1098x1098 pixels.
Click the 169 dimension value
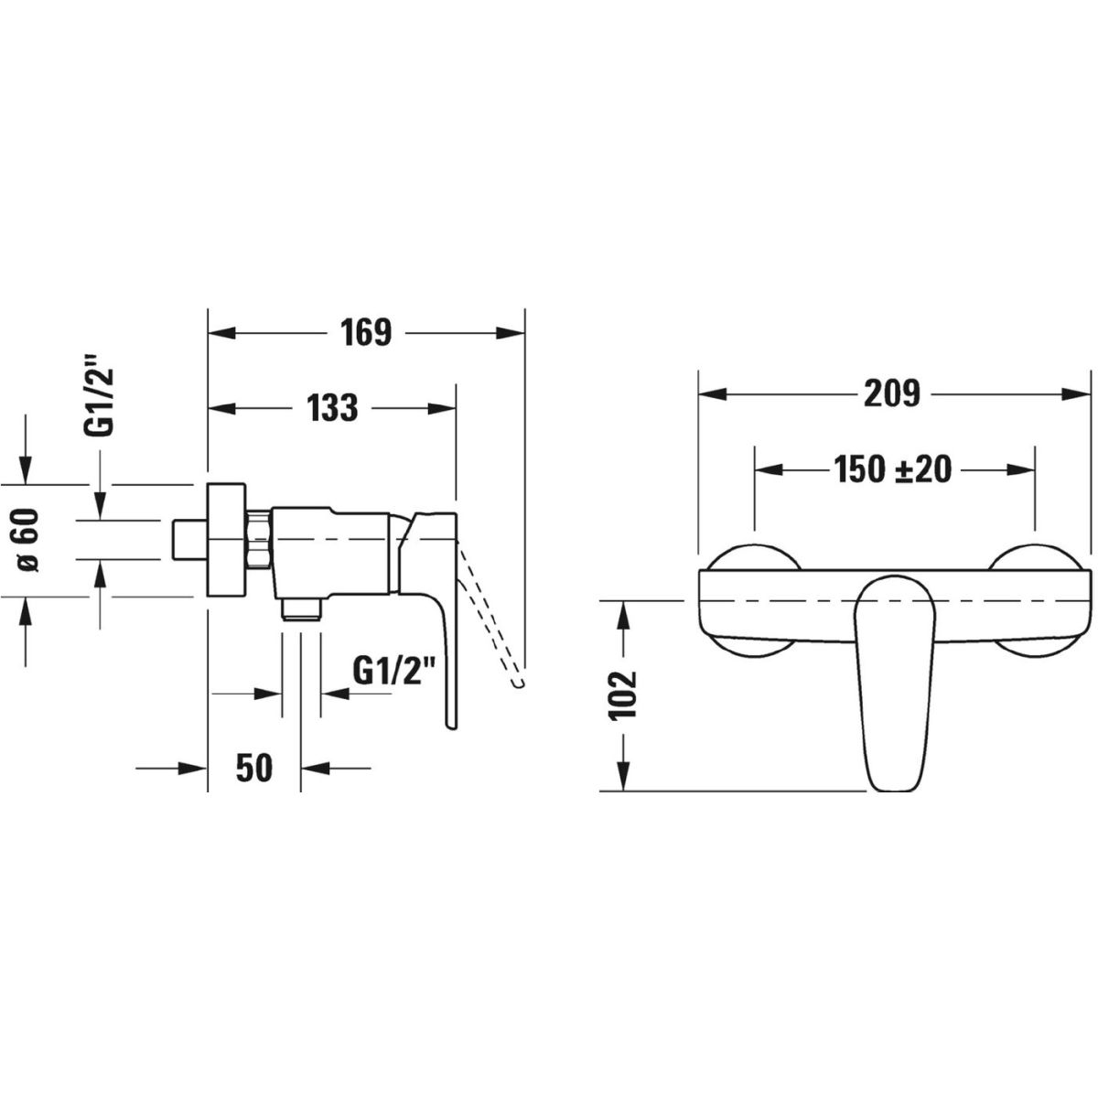366,332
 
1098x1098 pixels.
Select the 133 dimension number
333,407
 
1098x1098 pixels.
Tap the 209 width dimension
892,393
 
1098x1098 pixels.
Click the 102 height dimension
622,695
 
